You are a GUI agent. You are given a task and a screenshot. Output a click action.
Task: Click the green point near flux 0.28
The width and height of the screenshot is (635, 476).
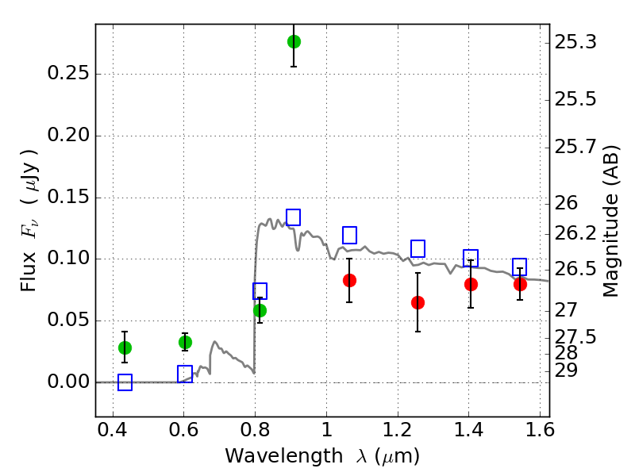[x=294, y=41]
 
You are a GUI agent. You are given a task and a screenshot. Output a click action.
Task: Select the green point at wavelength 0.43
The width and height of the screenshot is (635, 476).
[x=125, y=347]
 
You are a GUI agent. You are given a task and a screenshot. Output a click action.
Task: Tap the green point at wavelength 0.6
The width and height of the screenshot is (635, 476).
[x=185, y=343]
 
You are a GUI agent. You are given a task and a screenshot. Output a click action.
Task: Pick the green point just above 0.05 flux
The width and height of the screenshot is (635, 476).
[x=260, y=310]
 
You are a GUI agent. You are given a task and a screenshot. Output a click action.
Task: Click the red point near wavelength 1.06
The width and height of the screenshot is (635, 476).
[x=349, y=280]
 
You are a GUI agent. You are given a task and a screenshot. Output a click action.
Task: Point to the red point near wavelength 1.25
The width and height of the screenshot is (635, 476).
[x=418, y=302]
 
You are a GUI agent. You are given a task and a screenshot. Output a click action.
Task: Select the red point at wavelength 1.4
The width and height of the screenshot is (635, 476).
[x=471, y=285]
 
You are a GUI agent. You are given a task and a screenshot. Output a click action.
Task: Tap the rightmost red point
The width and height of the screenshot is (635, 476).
[x=520, y=285]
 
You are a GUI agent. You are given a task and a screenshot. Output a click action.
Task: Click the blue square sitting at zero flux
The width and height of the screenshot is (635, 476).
[x=125, y=382]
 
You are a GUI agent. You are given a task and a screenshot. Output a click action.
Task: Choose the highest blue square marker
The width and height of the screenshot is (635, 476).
[x=293, y=217]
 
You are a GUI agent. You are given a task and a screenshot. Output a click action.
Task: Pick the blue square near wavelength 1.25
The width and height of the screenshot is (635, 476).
[x=418, y=248]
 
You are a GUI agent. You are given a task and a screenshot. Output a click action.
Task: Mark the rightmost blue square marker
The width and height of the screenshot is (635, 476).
[x=520, y=267]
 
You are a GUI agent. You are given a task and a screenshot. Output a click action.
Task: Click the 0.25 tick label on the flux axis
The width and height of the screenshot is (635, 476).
[x=68, y=73]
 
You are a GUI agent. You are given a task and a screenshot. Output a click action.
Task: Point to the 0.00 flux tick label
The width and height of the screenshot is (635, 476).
[x=68, y=382]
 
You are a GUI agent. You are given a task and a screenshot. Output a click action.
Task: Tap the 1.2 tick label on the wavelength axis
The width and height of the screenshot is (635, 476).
[x=398, y=430]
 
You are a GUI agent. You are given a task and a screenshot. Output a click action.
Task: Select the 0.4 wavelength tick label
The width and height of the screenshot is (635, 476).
[x=113, y=430]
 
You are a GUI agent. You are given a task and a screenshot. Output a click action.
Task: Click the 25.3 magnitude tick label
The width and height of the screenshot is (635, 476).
[x=575, y=42]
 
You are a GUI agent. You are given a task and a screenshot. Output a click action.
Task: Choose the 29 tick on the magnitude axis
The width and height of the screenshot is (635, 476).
[x=566, y=370]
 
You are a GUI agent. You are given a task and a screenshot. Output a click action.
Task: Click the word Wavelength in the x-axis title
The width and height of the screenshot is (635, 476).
[x=284, y=456]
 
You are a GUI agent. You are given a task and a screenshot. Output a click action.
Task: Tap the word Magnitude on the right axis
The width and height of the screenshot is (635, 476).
[x=610, y=245]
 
